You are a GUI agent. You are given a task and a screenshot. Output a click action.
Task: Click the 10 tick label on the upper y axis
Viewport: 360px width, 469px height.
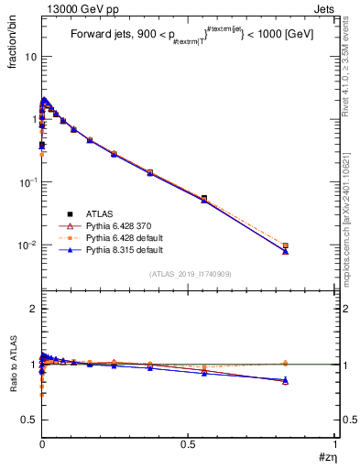(28, 57)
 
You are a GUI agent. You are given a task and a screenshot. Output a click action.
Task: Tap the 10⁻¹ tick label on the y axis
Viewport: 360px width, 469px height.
(26, 182)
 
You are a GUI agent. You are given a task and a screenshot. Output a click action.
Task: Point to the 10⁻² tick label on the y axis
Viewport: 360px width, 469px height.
(26, 245)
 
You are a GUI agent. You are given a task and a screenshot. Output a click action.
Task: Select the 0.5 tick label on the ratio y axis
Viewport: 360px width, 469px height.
(28, 420)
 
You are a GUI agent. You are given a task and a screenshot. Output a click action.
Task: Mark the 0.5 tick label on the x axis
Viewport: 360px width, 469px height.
(188, 444)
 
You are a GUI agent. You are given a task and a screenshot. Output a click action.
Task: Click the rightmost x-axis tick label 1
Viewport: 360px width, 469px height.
(335, 444)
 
